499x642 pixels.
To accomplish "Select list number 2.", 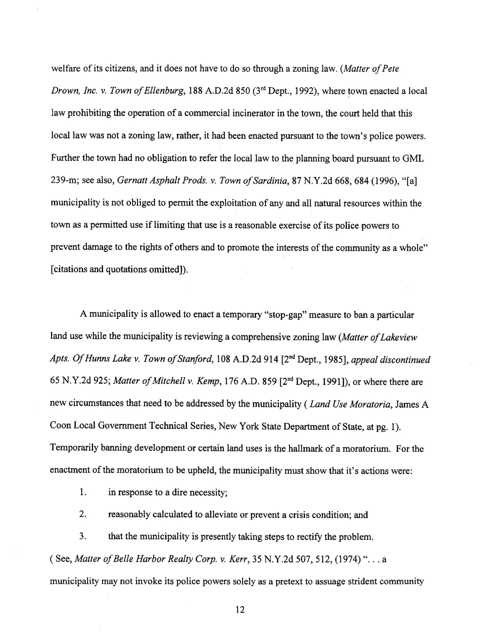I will click(x=83, y=515).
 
